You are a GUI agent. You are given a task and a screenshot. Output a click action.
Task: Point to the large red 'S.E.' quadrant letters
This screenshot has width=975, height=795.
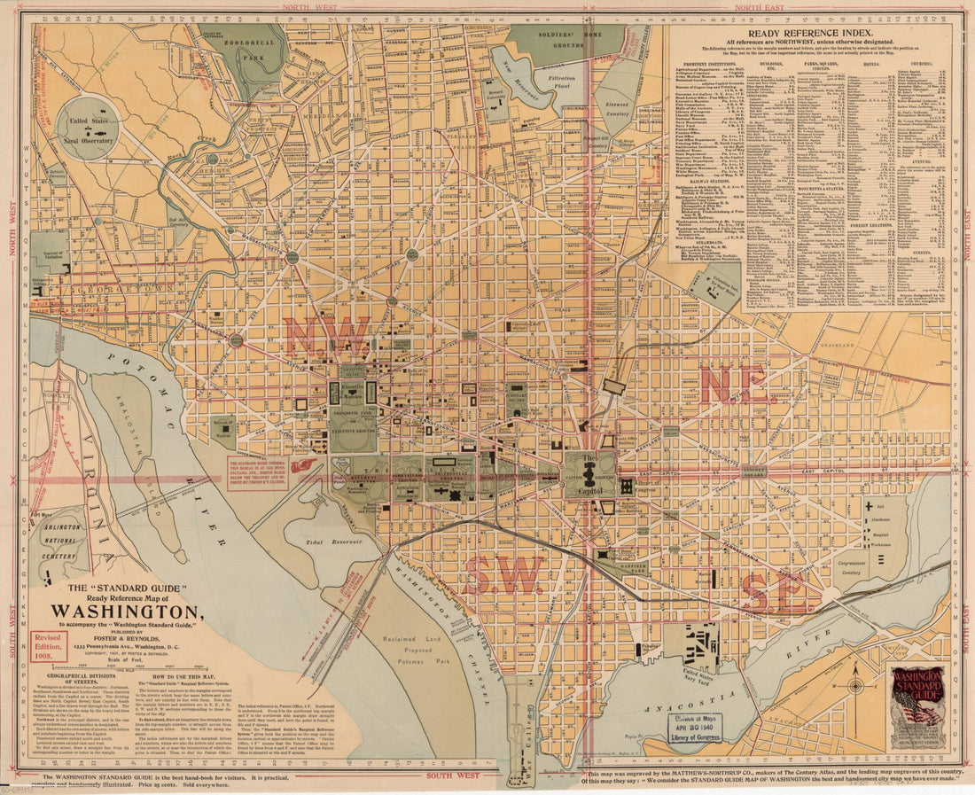[x=774, y=592]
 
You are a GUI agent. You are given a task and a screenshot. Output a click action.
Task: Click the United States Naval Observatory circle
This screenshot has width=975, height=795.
[x=88, y=128]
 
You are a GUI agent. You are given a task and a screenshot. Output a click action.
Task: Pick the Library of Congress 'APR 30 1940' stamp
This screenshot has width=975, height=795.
[x=695, y=728]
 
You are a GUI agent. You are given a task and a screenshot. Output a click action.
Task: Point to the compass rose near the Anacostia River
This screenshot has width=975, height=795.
[x=854, y=686]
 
